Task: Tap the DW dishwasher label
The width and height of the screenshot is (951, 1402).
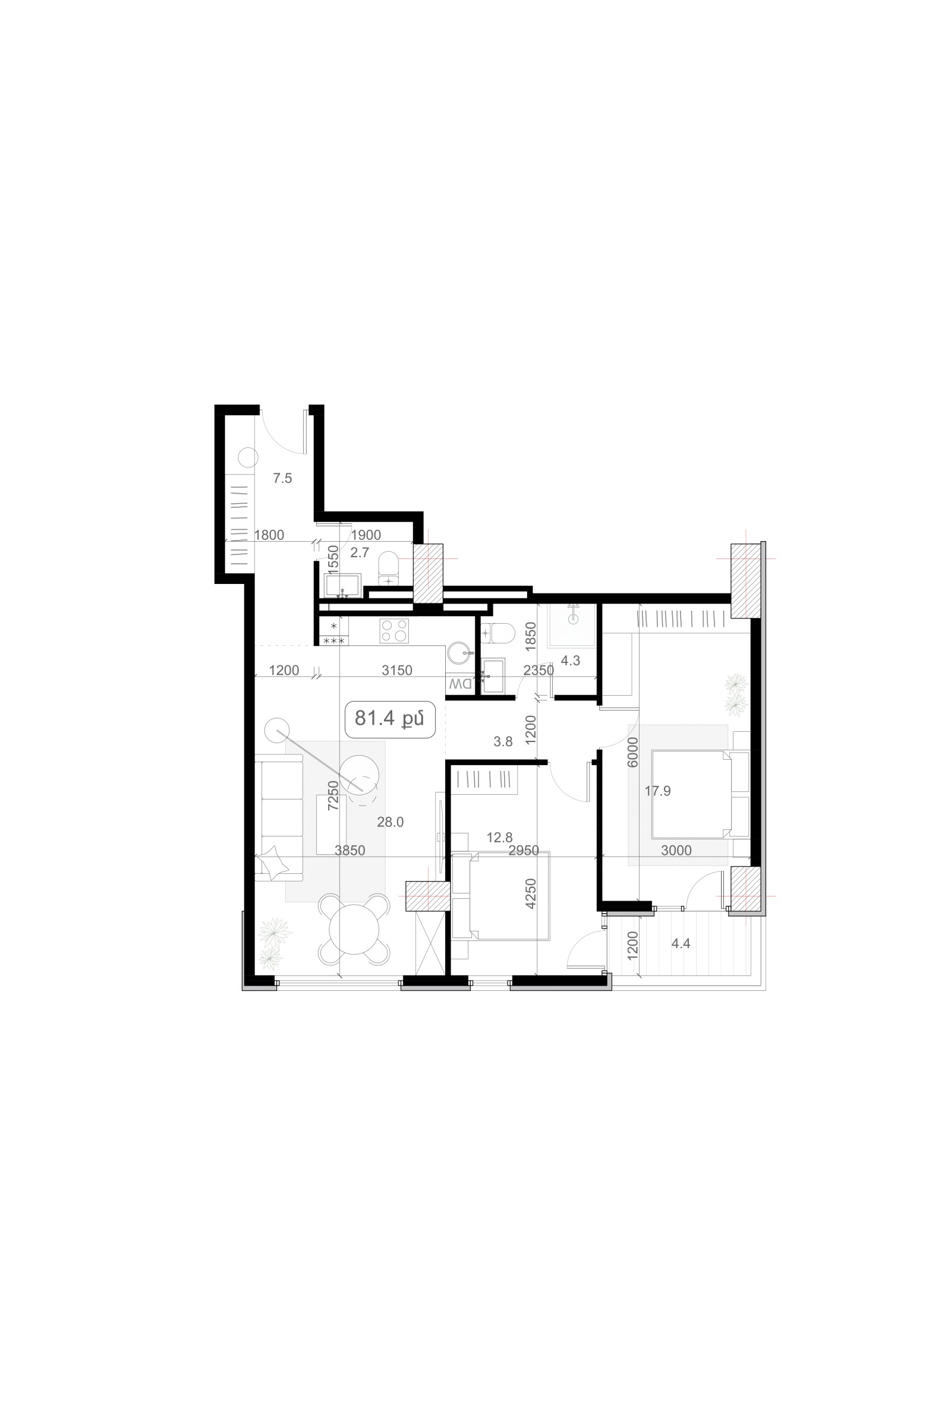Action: [x=461, y=684]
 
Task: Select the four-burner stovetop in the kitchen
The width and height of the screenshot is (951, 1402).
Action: [x=394, y=630]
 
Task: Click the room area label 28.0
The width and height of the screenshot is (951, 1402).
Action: [x=391, y=822]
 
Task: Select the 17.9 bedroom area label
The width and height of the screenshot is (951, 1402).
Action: [x=658, y=791]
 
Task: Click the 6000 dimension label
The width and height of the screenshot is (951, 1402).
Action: [x=632, y=751]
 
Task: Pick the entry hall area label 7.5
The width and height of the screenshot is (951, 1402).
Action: [x=282, y=478]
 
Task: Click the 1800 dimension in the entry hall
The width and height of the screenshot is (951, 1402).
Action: [x=269, y=535]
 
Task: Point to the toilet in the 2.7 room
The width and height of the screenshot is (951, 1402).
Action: [x=388, y=570]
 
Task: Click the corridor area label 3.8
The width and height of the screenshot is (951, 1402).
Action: [x=503, y=742]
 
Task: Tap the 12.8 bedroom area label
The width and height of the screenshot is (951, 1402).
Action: [x=500, y=838]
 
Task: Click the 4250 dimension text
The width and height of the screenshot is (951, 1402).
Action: [x=530, y=893]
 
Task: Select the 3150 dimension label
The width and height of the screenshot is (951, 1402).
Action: [x=397, y=670]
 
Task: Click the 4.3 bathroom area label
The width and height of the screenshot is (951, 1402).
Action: [x=570, y=661]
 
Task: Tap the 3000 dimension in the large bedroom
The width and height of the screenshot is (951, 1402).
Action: [x=676, y=851]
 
